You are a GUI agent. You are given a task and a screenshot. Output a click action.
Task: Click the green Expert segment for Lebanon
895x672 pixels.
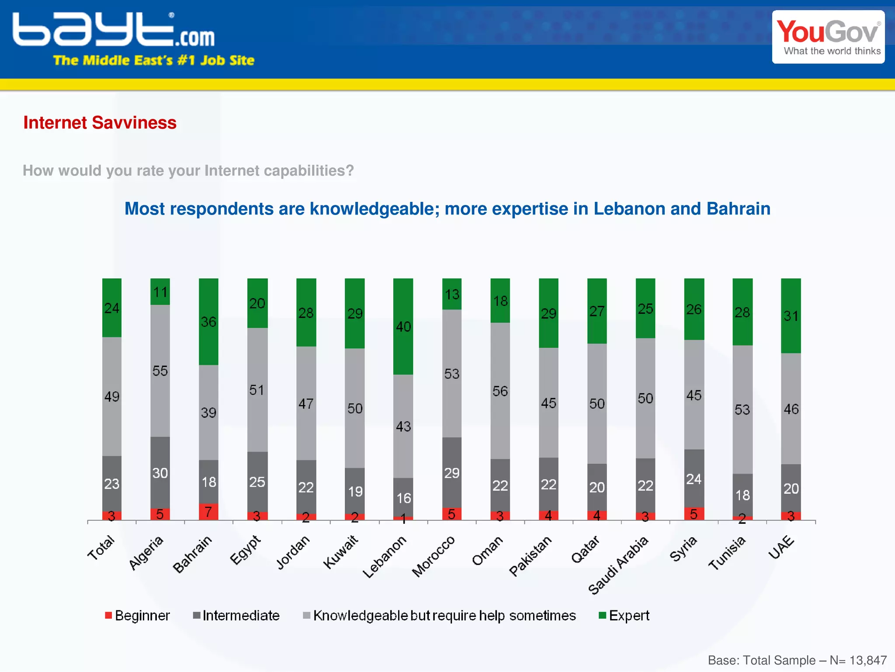tap(403, 326)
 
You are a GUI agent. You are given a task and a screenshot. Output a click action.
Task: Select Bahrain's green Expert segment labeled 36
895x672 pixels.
tap(208, 322)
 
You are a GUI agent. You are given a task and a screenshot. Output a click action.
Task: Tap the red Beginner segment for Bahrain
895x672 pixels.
tap(208, 512)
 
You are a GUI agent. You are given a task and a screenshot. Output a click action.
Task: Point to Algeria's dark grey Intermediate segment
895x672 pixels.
tap(160, 473)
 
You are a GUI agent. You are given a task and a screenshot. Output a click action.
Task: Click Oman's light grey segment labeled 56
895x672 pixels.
tap(500, 391)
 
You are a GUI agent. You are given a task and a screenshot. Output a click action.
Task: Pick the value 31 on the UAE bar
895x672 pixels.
tap(791, 316)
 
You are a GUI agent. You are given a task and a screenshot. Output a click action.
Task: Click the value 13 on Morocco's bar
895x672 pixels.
tap(452, 294)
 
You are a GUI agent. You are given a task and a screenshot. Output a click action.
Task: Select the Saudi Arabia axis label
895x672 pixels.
tap(618, 565)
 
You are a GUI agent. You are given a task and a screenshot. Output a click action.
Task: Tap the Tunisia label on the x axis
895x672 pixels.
tap(727, 553)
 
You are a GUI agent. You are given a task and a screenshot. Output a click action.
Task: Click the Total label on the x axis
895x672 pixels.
tap(101, 547)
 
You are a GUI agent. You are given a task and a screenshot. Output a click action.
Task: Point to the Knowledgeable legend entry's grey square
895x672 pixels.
tap(306, 616)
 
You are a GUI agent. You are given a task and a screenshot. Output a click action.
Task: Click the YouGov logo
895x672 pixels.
tap(828, 37)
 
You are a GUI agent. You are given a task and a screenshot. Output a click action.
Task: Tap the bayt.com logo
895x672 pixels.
tap(114, 31)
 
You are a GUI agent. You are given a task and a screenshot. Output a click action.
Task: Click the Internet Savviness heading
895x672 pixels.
tap(100, 123)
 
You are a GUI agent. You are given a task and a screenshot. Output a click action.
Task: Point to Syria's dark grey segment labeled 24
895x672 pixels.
tap(694, 479)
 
